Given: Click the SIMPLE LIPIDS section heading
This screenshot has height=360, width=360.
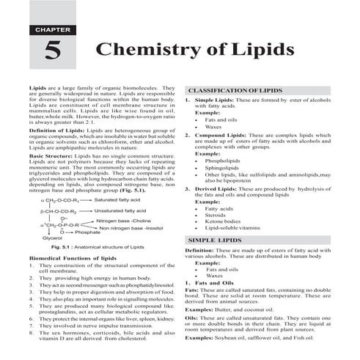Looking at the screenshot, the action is click(216, 240).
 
